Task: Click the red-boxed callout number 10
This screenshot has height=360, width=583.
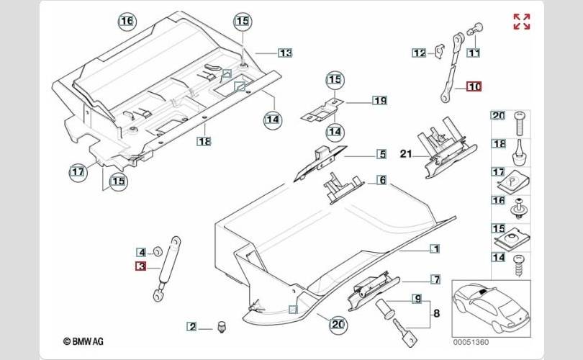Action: (474, 87)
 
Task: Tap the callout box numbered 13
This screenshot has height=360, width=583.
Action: (285, 53)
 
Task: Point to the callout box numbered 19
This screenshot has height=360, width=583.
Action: (379, 100)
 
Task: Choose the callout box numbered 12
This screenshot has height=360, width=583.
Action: (418, 53)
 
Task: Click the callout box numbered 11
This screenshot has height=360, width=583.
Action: (474, 53)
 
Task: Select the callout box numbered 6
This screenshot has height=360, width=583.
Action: (381, 180)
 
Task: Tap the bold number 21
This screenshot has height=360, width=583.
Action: (405, 153)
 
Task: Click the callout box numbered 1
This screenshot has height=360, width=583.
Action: (435, 249)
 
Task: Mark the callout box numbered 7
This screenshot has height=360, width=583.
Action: (435, 279)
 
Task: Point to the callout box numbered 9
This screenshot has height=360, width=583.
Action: (416, 298)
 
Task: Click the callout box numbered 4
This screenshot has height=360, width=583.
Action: (142, 252)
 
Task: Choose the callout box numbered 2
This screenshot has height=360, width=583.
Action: (192, 327)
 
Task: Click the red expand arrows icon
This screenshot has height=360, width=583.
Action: (521, 22)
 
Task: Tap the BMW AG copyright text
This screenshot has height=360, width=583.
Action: (84, 342)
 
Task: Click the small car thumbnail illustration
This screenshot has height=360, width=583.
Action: (491, 307)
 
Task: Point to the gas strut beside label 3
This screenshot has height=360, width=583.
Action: (166, 267)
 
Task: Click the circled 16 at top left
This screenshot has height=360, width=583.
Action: (127, 22)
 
